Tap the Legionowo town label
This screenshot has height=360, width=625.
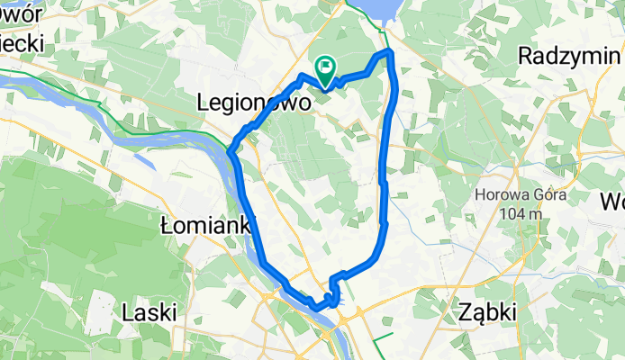(x=254, y=103)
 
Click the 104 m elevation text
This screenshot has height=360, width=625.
(x=518, y=213)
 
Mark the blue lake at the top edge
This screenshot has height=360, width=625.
(x=377, y=11)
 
